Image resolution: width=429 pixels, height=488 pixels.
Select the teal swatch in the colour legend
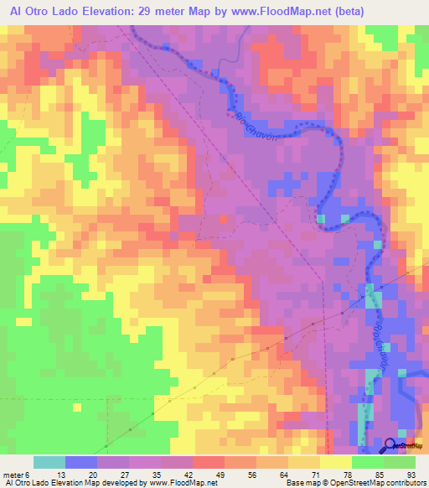tap(49, 462)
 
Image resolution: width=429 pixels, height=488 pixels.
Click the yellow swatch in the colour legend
tap(335, 462)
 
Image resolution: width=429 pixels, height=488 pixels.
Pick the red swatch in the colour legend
tap(208, 462)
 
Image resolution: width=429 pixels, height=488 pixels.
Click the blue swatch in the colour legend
tap(81, 462)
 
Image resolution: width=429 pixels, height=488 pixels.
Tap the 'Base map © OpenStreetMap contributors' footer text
tap(353, 483)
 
